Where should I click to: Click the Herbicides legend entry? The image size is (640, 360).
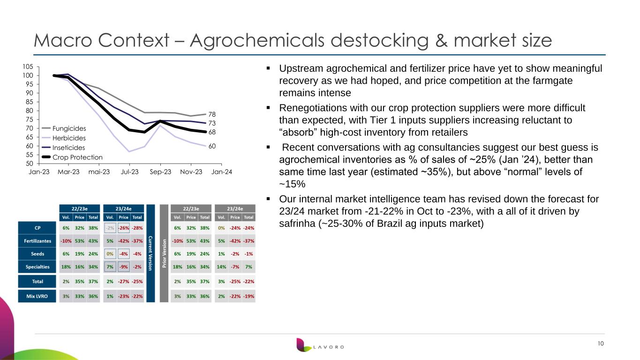tap(64, 138)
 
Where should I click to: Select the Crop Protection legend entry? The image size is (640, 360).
tap(72, 157)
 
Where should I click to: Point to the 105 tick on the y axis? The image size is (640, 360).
tap(28, 67)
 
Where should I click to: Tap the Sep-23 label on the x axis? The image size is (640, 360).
tap(160, 172)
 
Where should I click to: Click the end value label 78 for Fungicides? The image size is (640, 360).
tap(212, 114)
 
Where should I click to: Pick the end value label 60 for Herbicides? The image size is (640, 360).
tap(212, 146)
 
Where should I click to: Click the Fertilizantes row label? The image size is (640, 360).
tap(38, 241)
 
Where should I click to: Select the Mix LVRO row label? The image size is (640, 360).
tap(37, 296)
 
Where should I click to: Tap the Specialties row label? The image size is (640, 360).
tap(38, 267)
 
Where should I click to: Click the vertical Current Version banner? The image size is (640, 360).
tap(151, 253)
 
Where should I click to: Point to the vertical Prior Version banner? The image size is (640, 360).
tap(164, 253)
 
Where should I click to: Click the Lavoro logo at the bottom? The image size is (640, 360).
tap(320, 345)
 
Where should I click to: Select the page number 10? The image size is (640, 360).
tap(601, 344)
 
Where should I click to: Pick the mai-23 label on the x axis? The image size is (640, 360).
tap(99, 172)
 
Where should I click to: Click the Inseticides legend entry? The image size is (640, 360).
tap(63, 148)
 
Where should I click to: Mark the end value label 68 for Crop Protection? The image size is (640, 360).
tap(212, 132)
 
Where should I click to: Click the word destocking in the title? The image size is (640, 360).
tap(380, 40)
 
